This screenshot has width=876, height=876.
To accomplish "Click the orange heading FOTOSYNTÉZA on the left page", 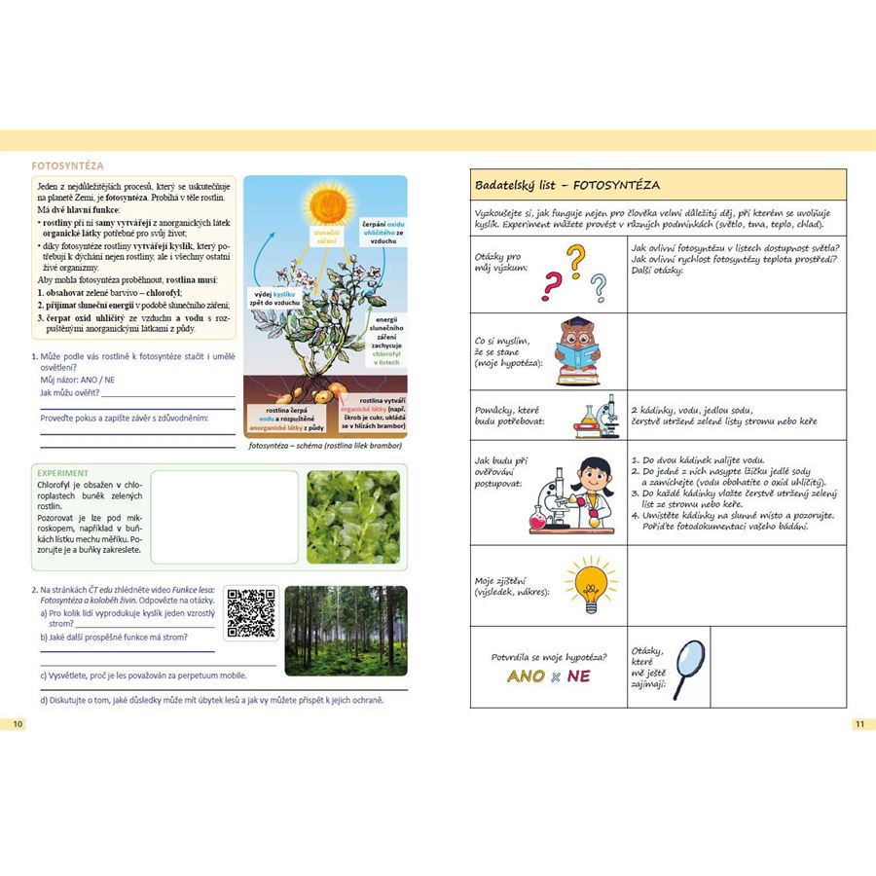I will tap(68, 166).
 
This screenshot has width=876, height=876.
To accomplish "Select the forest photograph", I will tap(346, 630).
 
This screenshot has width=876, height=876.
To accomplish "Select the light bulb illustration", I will tap(591, 583).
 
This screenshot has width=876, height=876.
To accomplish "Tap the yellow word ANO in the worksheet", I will tap(527, 676).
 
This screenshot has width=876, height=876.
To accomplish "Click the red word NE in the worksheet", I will tap(579, 676).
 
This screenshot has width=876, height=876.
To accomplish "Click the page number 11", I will tap(859, 723).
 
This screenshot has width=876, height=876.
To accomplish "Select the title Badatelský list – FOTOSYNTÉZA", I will tap(567, 184).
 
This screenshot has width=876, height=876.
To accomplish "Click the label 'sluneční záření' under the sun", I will tap(324, 237).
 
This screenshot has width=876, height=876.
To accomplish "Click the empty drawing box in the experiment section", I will tap(224, 516).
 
